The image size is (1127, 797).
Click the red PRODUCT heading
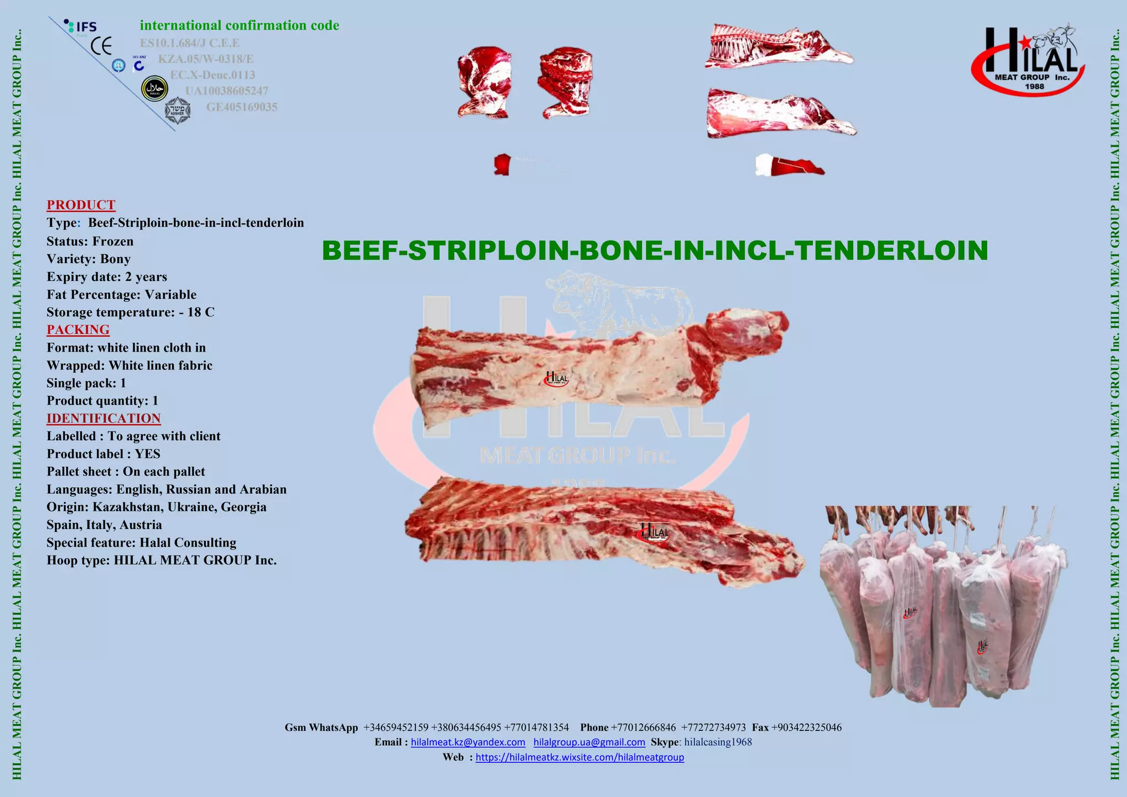81,205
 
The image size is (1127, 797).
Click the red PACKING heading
78,330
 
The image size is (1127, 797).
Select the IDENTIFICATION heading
103,418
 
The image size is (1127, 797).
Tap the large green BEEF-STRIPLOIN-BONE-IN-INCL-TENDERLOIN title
655,250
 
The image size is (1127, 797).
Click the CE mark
101,46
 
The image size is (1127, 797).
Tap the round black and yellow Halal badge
155,89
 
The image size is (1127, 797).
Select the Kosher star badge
178,111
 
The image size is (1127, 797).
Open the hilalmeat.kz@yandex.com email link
468,743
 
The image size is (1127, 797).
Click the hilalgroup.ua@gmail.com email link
589,743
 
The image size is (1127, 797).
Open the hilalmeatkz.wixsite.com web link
579,757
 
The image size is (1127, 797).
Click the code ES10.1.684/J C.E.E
190,43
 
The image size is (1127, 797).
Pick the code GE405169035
242,107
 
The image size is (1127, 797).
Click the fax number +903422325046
806,728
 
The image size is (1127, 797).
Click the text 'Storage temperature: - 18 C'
130,312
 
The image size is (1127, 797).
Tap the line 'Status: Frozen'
90,241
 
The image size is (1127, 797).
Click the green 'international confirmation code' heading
239,25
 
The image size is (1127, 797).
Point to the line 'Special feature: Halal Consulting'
141,543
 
